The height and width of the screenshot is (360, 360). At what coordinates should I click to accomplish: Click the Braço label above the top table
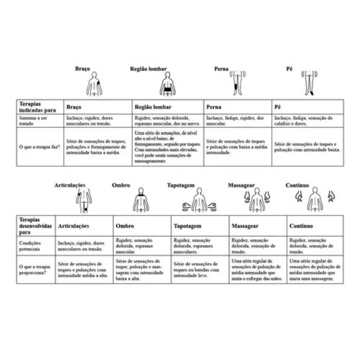82,69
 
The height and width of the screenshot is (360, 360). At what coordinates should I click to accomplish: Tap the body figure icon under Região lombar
167,84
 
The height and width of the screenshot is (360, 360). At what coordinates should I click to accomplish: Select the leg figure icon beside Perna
237,83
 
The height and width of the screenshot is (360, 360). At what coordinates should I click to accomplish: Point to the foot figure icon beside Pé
309,83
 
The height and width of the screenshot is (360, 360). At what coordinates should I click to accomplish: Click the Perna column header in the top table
214,107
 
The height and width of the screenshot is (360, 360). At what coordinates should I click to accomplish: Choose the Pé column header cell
278,107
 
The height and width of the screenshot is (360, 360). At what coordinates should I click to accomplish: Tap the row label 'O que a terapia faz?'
40,147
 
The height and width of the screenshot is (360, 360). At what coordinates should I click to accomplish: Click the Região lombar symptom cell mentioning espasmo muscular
167,120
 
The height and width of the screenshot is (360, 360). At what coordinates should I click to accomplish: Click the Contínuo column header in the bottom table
301,226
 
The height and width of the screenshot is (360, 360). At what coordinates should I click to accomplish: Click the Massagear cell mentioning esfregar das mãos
257,269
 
